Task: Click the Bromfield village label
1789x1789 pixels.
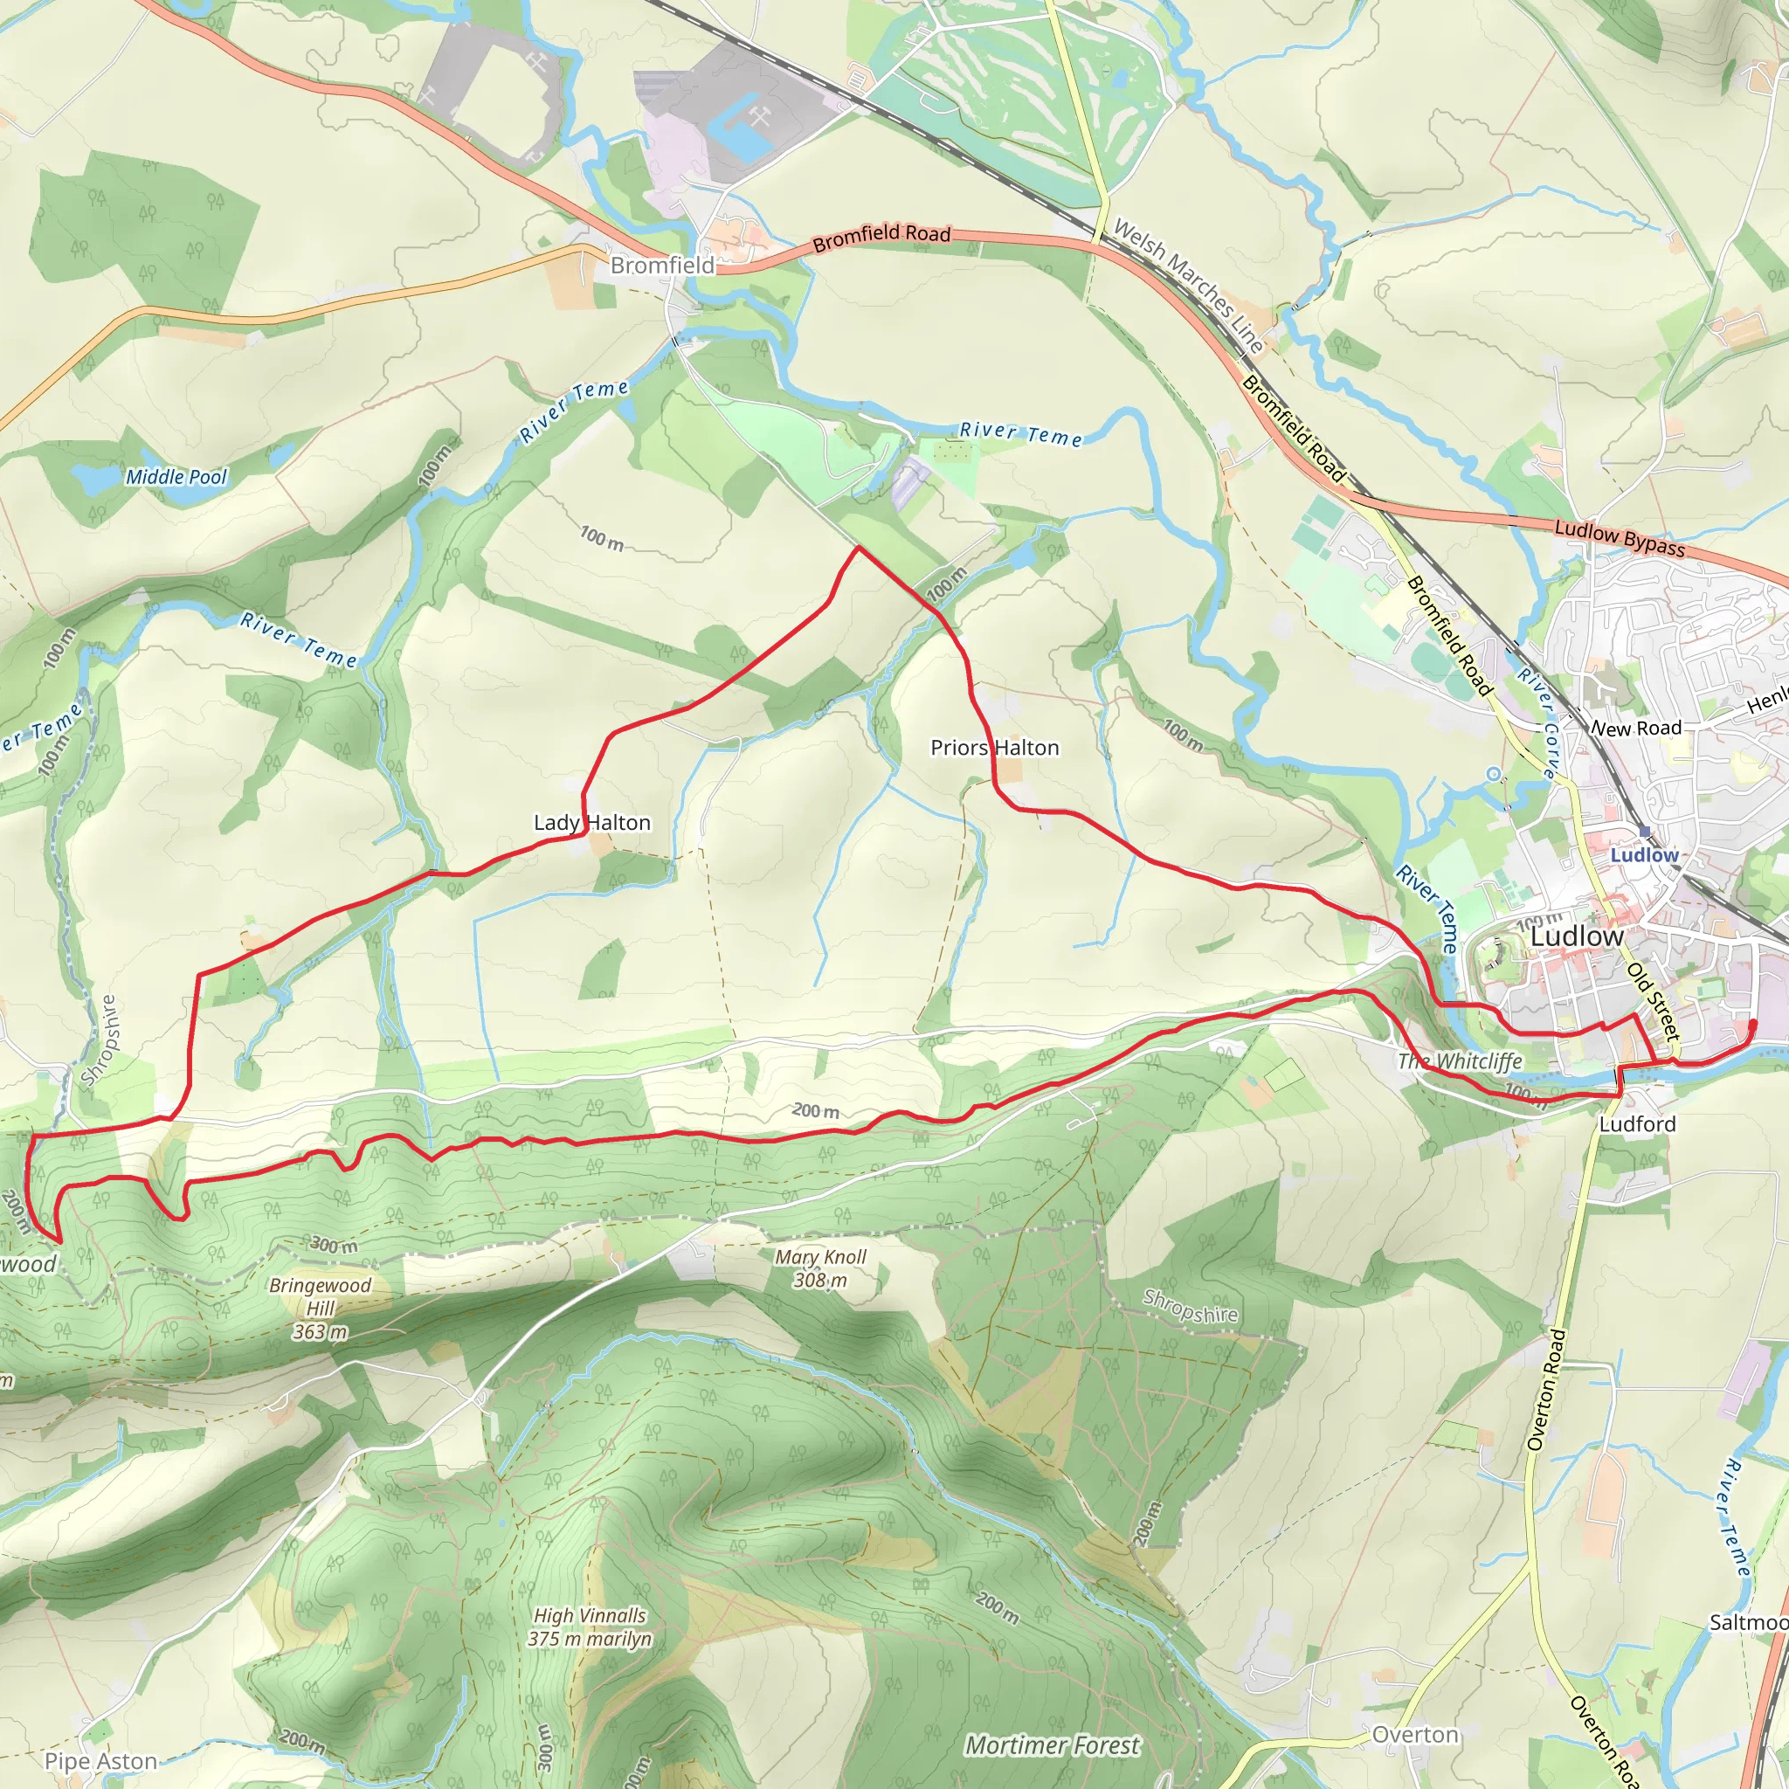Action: [662, 266]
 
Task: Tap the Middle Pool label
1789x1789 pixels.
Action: [176, 477]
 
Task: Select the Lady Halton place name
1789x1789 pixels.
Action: [591, 822]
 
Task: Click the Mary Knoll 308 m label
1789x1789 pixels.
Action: [820, 1267]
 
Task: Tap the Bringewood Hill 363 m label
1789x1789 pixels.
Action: [321, 1309]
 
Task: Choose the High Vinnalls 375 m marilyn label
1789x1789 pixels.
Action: [590, 1627]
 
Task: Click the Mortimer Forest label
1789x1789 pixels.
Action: [1052, 1744]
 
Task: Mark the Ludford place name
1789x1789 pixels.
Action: [1637, 1124]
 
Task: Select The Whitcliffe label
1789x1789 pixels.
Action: [1460, 1061]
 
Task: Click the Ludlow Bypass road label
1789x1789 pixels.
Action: [1620, 538]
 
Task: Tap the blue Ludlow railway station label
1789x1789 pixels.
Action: [1644, 854]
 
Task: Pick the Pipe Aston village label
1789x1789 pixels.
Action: [101, 1760]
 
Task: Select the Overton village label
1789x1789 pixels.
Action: [1415, 1734]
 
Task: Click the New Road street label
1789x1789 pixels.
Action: [1635, 728]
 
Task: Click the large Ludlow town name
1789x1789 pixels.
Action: [1577, 936]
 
